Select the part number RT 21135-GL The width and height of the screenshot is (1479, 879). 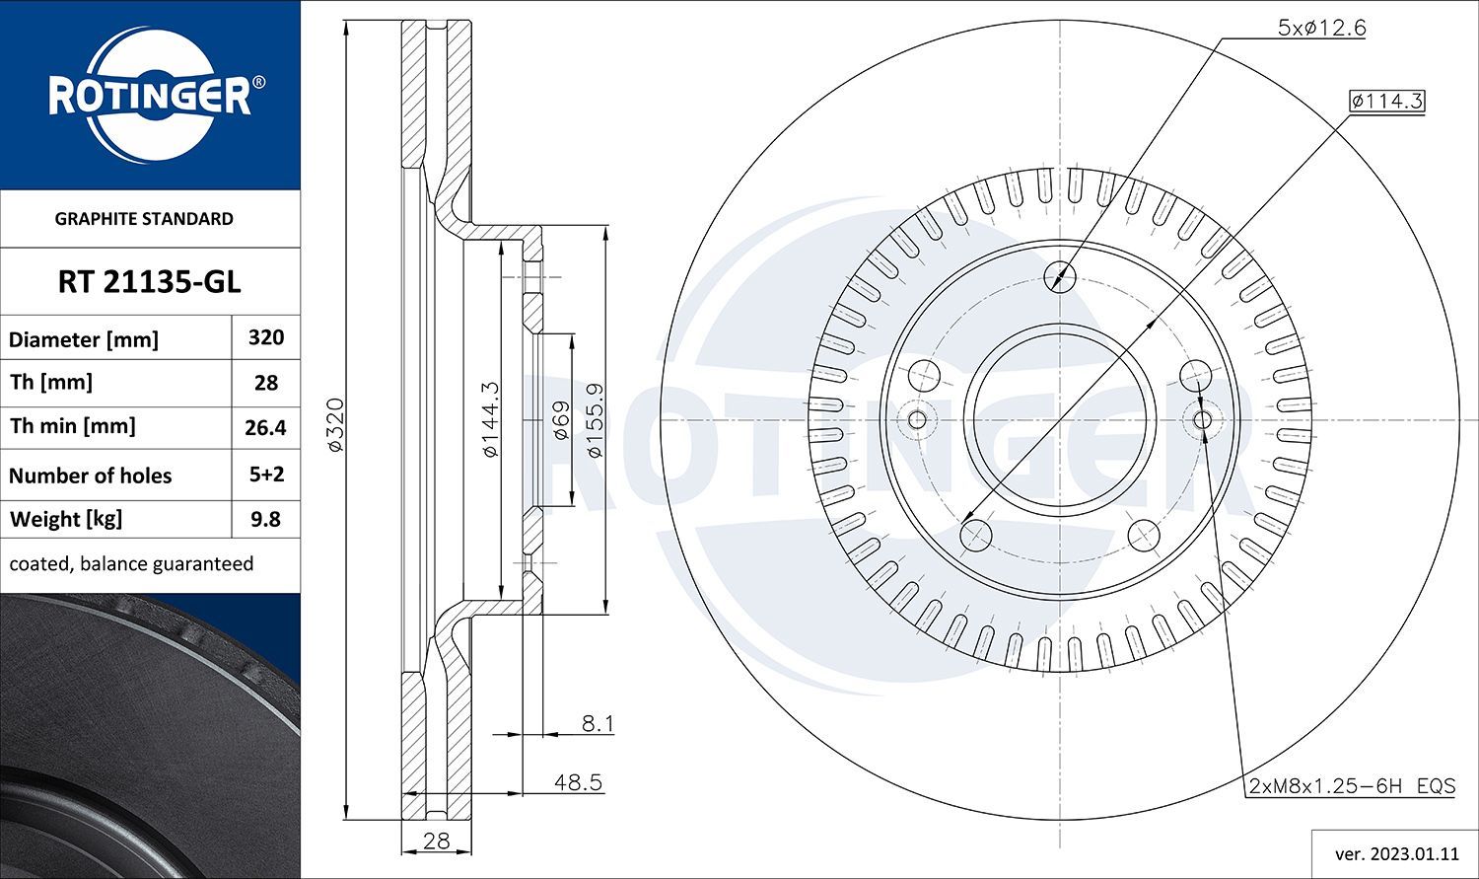pyautogui.click(x=149, y=282)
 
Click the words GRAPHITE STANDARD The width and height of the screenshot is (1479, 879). pyautogui.click(x=144, y=219)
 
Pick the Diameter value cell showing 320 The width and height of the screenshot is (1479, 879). pyautogui.click(x=266, y=337)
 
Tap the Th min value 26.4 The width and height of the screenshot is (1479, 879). pyautogui.click(x=266, y=427)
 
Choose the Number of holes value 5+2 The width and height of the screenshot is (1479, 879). pyautogui.click(x=266, y=475)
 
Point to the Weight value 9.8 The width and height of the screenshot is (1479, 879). pyautogui.click(x=266, y=519)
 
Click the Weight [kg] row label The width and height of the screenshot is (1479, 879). pyautogui.click(x=66, y=519)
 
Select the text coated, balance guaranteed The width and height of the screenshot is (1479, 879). pyautogui.click(x=131, y=564)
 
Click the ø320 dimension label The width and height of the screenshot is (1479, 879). pyautogui.click(x=335, y=424)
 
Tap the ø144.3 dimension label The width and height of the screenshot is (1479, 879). pyautogui.click(x=490, y=419)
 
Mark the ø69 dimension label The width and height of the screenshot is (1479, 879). pyautogui.click(x=560, y=420)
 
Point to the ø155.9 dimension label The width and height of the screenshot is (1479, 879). pyautogui.click(x=595, y=419)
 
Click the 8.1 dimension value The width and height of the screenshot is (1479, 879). pyautogui.click(x=597, y=724)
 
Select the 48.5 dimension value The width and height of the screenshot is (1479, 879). pyautogui.click(x=578, y=782)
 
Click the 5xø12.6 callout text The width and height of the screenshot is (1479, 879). pyautogui.click(x=1321, y=28)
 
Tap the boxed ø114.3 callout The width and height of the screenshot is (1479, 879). pyautogui.click(x=1387, y=101)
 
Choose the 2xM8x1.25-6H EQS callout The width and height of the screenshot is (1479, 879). pyautogui.click(x=1351, y=786)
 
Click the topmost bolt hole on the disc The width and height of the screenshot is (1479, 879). pyautogui.click(x=1061, y=275)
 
